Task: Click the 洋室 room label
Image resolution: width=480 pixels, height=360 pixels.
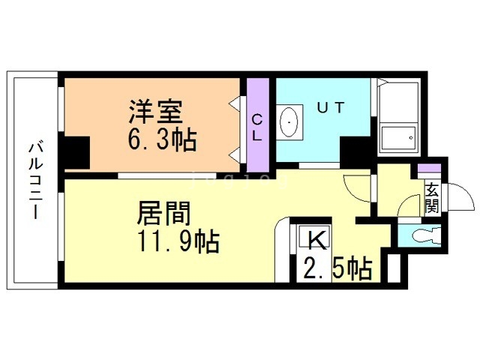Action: pos(155,112)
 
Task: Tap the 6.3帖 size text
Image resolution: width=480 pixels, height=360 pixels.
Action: pos(162,139)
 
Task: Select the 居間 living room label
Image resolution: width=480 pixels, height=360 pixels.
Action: pos(163,213)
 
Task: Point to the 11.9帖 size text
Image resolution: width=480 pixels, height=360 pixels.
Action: pos(178,241)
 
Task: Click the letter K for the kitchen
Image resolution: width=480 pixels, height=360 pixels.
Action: pos(316,240)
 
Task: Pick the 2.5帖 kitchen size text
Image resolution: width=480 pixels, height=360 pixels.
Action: pos(338,268)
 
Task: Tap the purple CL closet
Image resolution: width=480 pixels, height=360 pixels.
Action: pos(258,125)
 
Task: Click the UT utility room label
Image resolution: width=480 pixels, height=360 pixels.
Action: pos(331,107)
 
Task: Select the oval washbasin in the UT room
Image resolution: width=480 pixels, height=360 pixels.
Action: pos(289,122)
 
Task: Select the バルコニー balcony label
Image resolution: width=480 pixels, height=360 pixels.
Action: pos(36,180)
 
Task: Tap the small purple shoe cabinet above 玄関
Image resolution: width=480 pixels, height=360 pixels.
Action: pos(429,168)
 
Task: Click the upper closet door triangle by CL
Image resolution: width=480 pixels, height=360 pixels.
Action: pos(235,103)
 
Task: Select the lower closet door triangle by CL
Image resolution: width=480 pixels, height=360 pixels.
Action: pos(235,155)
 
